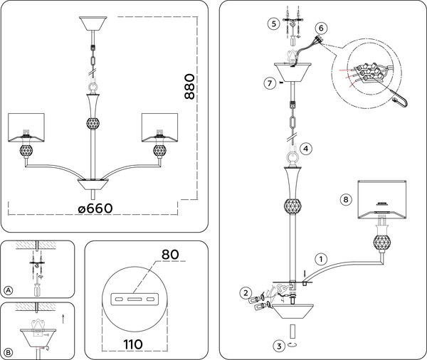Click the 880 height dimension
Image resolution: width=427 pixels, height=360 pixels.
pyautogui.click(x=190, y=86)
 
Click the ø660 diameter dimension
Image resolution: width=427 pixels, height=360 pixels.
pyautogui.click(x=95, y=208)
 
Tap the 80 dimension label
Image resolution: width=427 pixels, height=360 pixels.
pyautogui.click(x=170, y=255)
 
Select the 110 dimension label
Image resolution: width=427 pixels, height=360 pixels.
pyautogui.click(x=133, y=344)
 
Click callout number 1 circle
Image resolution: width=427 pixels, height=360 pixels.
pyautogui.click(x=321, y=259)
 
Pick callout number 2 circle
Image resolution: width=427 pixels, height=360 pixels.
pyautogui.click(x=246, y=293)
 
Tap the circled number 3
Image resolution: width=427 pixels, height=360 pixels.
pyautogui.click(x=279, y=346)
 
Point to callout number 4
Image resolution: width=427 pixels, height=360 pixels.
pyautogui.click(x=306, y=149)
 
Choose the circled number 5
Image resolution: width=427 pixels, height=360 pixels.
pyautogui.click(x=274, y=23)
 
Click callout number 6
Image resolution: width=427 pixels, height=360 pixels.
pyautogui.click(x=321, y=28)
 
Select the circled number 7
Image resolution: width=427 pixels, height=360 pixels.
pyautogui.click(x=270, y=83)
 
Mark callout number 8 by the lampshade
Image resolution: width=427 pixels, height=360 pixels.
pyautogui.click(x=346, y=200)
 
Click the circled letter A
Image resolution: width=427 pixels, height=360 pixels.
pyautogui.click(x=9, y=290)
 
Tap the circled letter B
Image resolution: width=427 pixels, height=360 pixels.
pyautogui.click(x=9, y=353)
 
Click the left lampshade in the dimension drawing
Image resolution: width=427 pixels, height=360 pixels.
pyautogui.click(x=26, y=127)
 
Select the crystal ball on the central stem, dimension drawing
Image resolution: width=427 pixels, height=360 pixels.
pyautogui.click(x=93, y=123)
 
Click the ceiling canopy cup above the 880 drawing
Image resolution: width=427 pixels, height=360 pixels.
pyautogui.click(x=93, y=23)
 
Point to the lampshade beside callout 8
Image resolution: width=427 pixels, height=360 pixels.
pyautogui.click(x=381, y=200)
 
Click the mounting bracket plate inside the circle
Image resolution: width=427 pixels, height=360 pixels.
pyautogui.click(x=135, y=300)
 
